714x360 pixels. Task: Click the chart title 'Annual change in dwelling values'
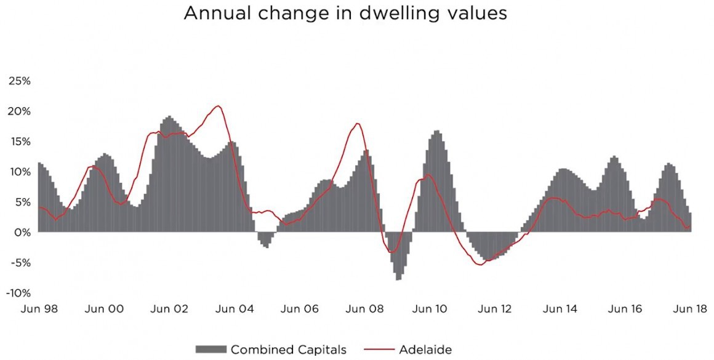pyautogui.click(x=345, y=14)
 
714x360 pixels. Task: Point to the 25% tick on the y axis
pyautogui.click(x=19, y=81)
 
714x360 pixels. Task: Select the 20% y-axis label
pyautogui.click(x=19, y=111)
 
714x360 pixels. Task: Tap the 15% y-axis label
pyautogui.click(x=19, y=142)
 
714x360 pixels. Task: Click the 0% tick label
pyautogui.click(x=22, y=233)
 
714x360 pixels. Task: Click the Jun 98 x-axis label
pyautogui.click(x=39, y=310)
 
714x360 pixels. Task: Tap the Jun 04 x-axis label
pyautogui.click(x=235, y=310)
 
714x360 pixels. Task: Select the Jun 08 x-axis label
pyautogui.click(x=364, y=310)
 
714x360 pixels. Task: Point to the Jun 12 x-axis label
pyautogui.click(x=495, y=310)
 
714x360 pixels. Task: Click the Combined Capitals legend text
pyautogui.click(x=289, y=350)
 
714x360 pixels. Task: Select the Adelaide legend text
pyautogui.click(x=425, y=350)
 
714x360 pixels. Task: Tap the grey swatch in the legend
pyautogui.click(x=211, y=350)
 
